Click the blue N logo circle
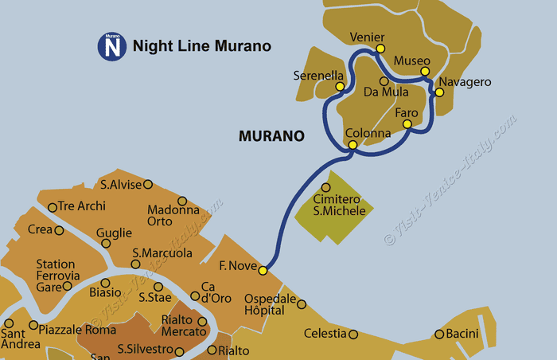pyautogui.click(x=112, y=46)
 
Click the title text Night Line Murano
pyautogui.click(x=202, y=46)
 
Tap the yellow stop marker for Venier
pyautogui.click(x=380, y=49)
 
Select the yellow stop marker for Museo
pyautogui.click(x=424, y=72)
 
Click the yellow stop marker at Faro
pyautogui.click(x=407, y=124)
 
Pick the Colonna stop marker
pyautogui.click(x=353, y=145)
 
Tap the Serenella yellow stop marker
pyautogui.click(x=340, y=86)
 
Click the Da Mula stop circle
pyautogui.click(x=384, y=80)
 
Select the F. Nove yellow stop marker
pyautogui.click(x=263, y=270)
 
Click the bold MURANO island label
pyautogui.click(x=271, y=136)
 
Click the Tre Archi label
pyautogui.click(x=82, y=206)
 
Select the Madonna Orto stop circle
pyautogui.click(x=181, y=201)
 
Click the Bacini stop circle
pyautogui.click(x=438, y=334)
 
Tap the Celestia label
pyautogui.click(x=324, y=333)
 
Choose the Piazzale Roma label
pyautogui.click(x=72, y=329)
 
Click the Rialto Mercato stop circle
pyautogui.click(x=202, y=322)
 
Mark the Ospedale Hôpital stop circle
pyautogui.click(x=301, y=303)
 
